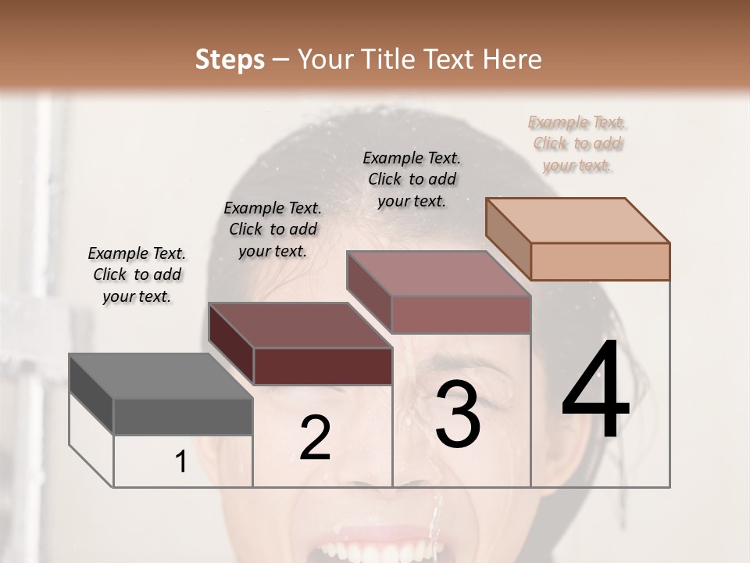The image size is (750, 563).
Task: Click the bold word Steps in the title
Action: [230, 59]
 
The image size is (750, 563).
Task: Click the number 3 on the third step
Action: [458, 414]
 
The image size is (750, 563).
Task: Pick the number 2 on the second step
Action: [315, 438]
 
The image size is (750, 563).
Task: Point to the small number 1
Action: [181, 462]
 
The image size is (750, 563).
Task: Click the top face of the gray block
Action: [160, 375]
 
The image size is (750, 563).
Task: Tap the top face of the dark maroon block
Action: [299, 325]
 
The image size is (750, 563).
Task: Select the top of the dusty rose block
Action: [438, 273]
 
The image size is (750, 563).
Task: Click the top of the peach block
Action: [577, 220]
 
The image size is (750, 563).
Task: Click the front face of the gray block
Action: [184, 416]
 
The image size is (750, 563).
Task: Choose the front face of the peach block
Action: [600, 261]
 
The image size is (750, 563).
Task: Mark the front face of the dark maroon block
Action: [323, 366]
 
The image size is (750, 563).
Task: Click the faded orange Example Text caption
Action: [577, 144]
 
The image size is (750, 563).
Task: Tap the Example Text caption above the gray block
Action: [137, 274]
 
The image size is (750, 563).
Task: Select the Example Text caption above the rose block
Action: [412, 179]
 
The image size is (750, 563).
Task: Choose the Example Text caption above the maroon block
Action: [273, 229]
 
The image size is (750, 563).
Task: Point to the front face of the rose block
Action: [461, 314]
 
